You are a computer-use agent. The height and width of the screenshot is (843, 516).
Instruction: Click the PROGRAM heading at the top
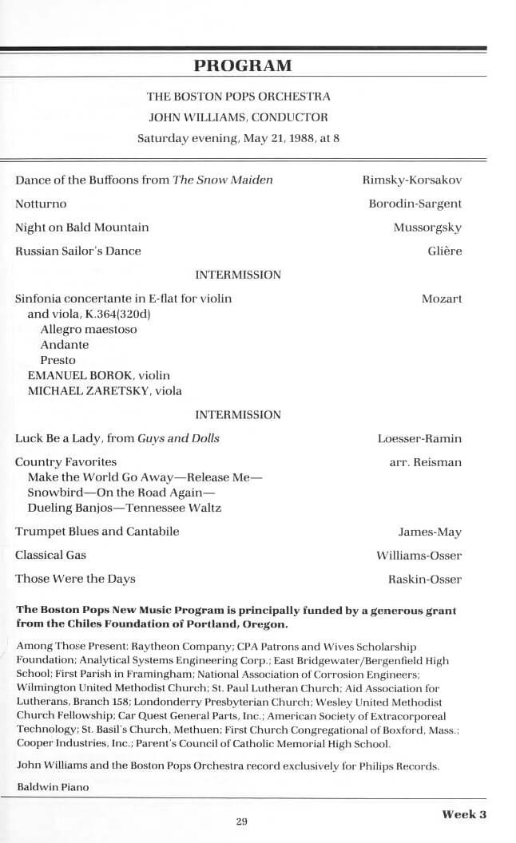[x=243, y=65]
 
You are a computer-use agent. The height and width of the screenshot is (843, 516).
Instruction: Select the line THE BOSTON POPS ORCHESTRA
[x=238, y=97]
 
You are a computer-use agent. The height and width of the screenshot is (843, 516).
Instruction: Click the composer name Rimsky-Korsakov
[x=411, y=180]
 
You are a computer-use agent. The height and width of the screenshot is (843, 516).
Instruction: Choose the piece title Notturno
[x=41, y=204]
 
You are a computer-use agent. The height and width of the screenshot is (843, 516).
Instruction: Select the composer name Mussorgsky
[x=427, y=228]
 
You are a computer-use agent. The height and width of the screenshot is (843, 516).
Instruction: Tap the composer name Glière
[x=445, y=251]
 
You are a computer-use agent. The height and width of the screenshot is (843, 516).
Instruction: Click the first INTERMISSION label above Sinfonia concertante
[x=238, y=275]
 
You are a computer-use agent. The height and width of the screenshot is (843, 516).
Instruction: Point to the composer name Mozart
[x=441, y=299]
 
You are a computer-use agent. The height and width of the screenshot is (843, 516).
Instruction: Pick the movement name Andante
[x=65, y=345]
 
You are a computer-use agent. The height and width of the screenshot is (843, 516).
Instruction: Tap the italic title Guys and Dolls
[x=178, y=438]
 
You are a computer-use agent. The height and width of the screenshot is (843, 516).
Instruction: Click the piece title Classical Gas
[x=50, y=555]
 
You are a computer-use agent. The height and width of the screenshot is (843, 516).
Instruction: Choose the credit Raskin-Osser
[x=424, y=579]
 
